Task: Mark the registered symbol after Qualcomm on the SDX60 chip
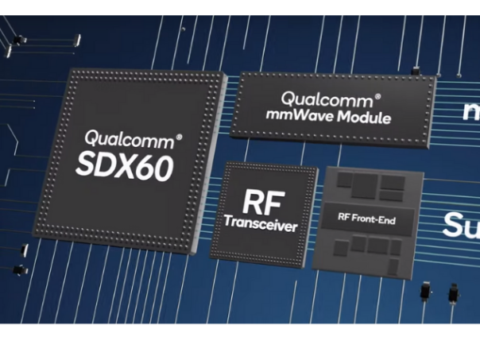tap(179, 137)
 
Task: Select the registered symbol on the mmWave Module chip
tap(377, 96)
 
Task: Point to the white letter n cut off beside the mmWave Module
tap(471, 111)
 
